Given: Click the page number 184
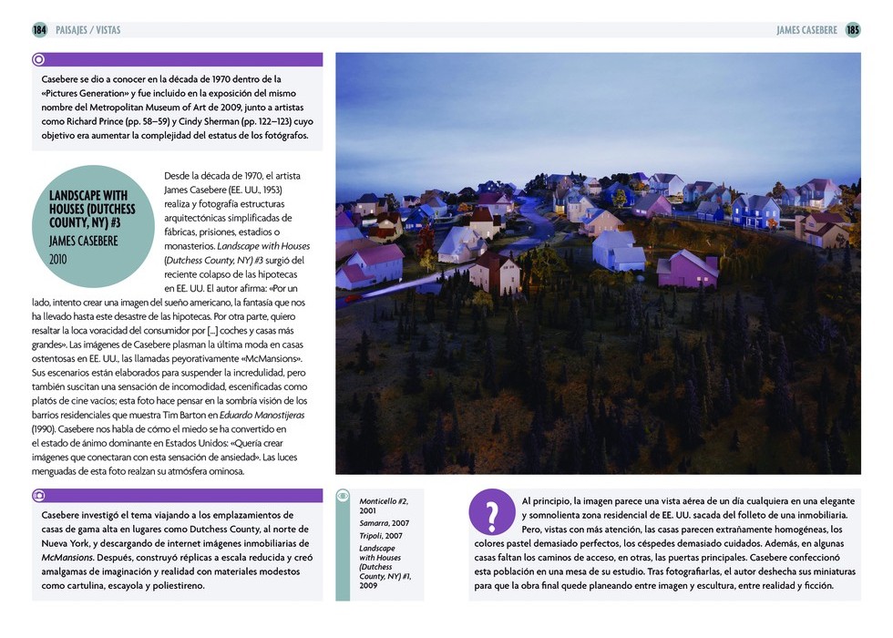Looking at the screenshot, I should [x=39, y=30].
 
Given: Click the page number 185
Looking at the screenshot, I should [x=853, y=30].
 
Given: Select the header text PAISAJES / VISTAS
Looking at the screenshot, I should [x=87, y=30].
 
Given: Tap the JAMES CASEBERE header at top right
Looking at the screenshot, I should [x=806, y=30].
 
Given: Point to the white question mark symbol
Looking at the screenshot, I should [x=492, y=516].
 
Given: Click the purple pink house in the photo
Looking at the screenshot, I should [x=688, y=269].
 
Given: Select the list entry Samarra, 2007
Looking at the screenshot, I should [x=384, y=523].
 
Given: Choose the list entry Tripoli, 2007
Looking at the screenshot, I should [x=382, y=535].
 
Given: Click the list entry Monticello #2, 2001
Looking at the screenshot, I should [x=384, y=506].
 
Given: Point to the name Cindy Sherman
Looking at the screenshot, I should [x=205, y=121].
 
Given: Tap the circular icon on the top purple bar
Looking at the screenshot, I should [x=39, y=60].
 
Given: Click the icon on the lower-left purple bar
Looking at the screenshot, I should [x=39, y=496].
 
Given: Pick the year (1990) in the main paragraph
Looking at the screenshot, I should [x=46, y=427].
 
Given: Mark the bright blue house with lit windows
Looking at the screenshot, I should [x=755, y=211].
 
